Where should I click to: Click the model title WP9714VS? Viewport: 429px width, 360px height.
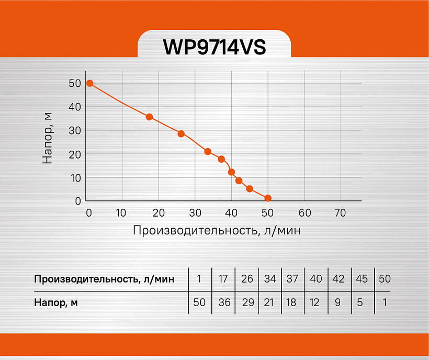click(x=214, y=47)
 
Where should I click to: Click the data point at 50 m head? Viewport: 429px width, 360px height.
click(x=89, y=83)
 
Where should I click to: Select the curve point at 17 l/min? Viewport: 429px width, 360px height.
click(x=149, y=117)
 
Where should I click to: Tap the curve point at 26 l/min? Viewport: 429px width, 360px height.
click(x=181, y=133)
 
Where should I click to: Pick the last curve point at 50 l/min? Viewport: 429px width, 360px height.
click(x=268, y=198)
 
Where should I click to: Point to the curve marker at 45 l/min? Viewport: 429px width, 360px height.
click(x=250, y=189)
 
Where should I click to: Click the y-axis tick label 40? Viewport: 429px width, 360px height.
click(x=74, y=107)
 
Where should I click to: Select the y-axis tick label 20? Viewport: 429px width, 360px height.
click(x=74, y=154)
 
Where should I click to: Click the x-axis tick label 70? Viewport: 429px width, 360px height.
click(x=341, y=213)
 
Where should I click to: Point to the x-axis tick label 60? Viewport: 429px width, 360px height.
click(x=304, y=213)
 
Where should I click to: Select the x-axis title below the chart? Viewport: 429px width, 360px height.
click(x=217, y=230)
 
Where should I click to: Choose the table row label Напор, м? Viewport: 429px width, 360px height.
click(x=56, y=302)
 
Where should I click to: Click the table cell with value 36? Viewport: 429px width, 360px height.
click(x=223, y=302)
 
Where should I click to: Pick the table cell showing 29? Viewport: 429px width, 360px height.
click(x=247, y=302)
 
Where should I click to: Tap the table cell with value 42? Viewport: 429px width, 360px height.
click(x=338, y=278)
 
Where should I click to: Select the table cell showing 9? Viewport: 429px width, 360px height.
click(x=338, y=302)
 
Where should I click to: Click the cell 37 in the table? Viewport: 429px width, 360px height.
click(x=292, y=278)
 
